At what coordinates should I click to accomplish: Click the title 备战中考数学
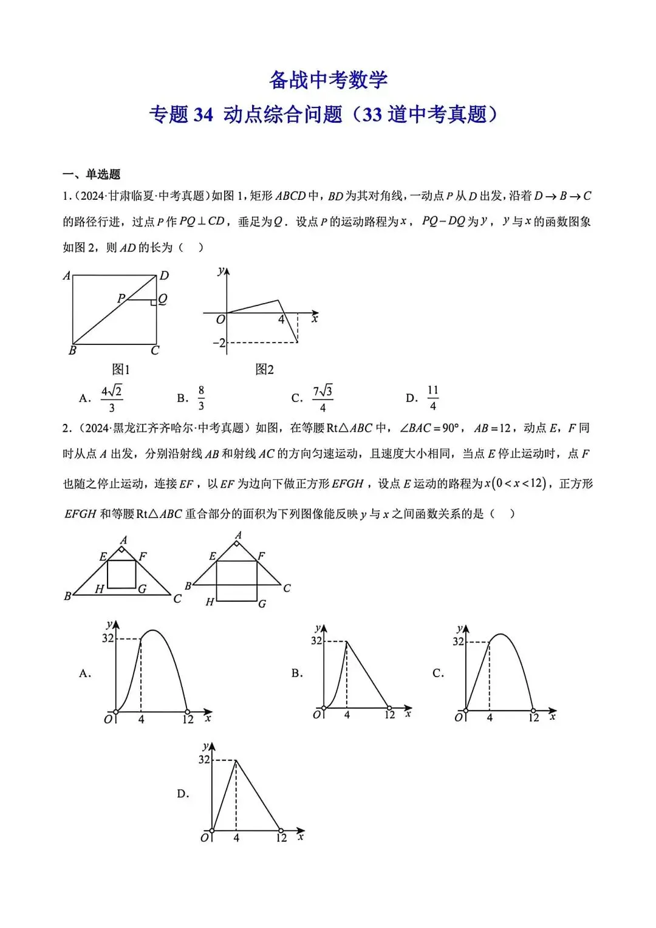(328, 80)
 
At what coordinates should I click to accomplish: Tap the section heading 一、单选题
(91, 174)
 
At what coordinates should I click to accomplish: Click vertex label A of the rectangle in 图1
(67, 276)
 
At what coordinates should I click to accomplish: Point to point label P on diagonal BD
(121, 298)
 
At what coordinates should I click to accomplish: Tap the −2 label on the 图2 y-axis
(219, 343)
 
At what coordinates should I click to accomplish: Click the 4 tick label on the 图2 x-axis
(281, 319)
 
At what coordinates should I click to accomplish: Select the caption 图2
(265, 369)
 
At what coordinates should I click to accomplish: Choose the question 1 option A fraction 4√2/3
(112, 398)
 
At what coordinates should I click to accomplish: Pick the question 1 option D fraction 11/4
(432, 398)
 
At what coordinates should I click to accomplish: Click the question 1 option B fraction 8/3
(201, 398)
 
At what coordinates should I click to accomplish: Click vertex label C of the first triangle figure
(177, 598)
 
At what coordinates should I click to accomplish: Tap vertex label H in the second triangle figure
(210, 602)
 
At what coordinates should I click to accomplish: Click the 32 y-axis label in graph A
(108, 638)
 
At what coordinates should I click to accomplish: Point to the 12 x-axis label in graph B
(389, 715)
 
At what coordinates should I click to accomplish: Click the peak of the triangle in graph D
(236, 760)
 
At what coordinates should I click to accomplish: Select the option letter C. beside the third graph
(438, 673)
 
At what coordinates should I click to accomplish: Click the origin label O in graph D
(205, 838)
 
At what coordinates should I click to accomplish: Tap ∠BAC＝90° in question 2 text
(429, 428)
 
